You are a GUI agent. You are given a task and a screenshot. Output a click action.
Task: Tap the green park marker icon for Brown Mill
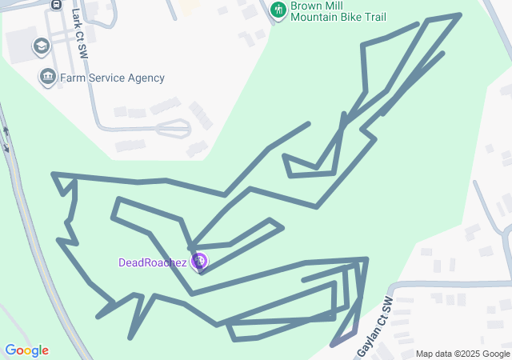(278, 10)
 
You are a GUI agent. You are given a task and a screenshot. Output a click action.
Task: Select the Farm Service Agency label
(112, 78)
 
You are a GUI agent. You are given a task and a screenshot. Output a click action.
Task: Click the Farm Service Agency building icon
(47, 78)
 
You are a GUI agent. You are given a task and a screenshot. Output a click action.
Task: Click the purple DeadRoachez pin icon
(199, 261)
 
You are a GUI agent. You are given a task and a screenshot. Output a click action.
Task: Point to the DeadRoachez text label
(153, 262)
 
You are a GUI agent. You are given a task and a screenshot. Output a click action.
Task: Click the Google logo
(26, 350)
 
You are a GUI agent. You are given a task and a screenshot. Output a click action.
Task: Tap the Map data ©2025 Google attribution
(462, 354)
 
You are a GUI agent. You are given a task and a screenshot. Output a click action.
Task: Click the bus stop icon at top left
(56, 3)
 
